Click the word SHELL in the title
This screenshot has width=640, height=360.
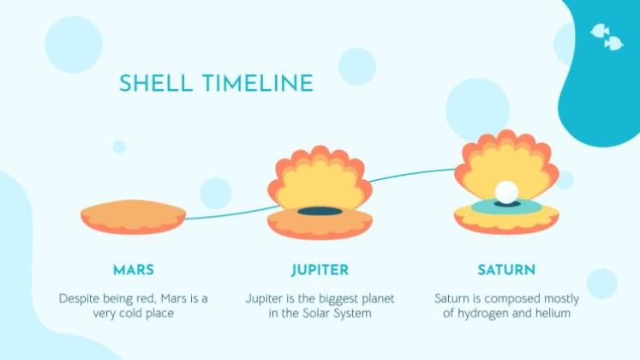click(156, 83)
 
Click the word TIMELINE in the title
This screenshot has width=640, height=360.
click(258, 83)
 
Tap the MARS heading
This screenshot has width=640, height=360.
click(134, 270)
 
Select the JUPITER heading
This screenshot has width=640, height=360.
click(320, 270)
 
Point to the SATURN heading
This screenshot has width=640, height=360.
click(506, 270)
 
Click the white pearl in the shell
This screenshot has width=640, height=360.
click(506, 191)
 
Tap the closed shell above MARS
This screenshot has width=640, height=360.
click(134, 217)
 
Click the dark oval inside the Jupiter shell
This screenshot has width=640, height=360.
click(320, 211)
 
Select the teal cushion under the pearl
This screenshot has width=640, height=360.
click(506, 207)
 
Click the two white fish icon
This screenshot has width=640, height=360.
click(607, 37)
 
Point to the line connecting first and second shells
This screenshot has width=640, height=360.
click(232, 214)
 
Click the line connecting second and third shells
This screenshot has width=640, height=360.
click(411, 174)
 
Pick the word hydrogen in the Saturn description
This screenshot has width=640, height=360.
click(481, 314)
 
